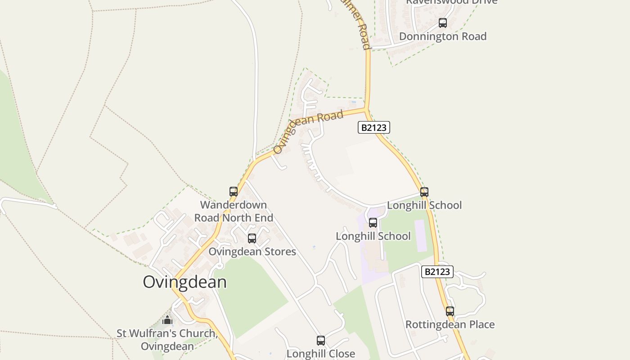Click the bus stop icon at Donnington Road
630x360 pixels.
tap(443, 23)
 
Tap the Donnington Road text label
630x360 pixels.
tap(443, 36)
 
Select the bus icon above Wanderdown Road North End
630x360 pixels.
tap(234, 192)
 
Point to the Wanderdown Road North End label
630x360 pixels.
tap(234, 211)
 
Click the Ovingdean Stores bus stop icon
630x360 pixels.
tap(252, 238)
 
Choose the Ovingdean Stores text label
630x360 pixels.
tap(252, 252)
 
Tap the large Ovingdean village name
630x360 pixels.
tap(184, 282)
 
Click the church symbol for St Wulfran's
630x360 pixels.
tap(167, 320)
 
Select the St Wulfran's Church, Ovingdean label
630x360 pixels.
tap(167, 340)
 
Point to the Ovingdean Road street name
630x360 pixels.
tap(308, 131)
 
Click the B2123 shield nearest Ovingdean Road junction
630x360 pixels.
tap(374, 127)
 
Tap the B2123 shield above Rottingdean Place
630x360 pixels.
tap(437, 272)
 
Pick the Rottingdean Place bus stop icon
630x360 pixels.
tap(450, 311)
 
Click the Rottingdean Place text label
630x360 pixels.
tap(450, 324)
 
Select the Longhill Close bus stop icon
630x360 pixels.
tap(321, 341)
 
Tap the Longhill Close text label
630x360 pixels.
tap(321, 354)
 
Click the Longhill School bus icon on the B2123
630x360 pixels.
tap(424, 192)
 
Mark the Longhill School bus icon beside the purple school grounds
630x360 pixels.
tap(373, 223)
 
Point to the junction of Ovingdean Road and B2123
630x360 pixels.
tap(366, 108)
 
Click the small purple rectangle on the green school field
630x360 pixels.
tap(421, 235)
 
